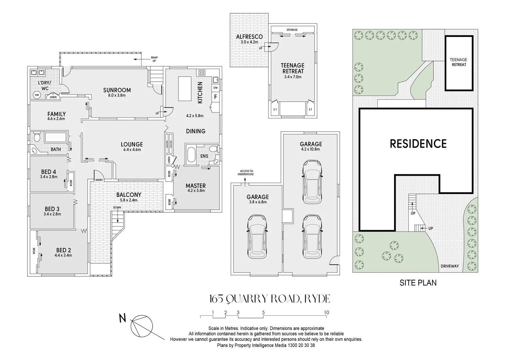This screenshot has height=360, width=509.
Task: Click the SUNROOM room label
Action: tap(117, 90)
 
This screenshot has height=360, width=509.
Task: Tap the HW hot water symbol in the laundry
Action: tap(36, 95)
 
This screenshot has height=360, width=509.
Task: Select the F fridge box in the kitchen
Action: tap(216, 97)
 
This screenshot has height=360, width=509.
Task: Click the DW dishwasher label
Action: tap(216, 88)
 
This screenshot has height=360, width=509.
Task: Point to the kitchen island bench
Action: tap(185, 88)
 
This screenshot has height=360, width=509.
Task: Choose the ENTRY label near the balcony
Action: tap(99, 180)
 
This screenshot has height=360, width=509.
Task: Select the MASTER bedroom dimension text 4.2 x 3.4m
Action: tap(196, 191)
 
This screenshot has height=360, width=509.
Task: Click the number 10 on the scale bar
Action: tap(326, 312)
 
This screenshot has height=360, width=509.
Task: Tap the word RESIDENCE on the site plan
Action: tap(418, 144)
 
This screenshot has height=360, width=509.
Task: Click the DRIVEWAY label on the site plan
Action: tap(449, 266)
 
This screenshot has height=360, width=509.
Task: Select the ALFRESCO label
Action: tap(249, 37)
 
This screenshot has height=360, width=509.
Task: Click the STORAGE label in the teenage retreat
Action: tap(292, 30)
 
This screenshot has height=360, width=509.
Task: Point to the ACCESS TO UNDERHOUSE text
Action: tap(246, 172)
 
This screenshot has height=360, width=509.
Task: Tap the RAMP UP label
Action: tap(154, 59)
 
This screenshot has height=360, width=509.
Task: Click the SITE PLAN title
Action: tap(418, 283)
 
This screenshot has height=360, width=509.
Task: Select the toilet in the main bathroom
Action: tap(37, 137)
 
